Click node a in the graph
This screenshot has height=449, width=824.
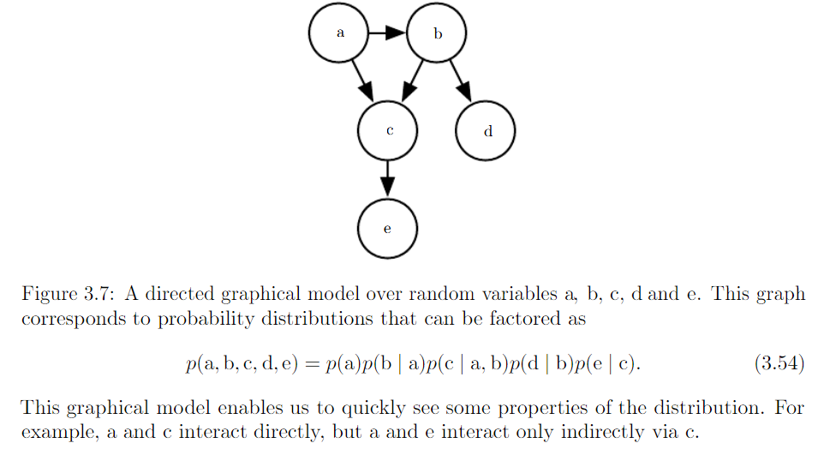click(x=340, y=33)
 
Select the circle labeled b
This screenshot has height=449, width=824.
click(x=438, y=33)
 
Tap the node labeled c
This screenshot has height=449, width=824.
click(x=389, y=131)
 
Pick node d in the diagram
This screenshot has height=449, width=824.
click(x=487, y=131)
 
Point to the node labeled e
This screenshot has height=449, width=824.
click(x=388, y=229)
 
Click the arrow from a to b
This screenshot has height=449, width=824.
click(x=388, y=33)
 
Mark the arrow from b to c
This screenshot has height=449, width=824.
click(x=415, y=80)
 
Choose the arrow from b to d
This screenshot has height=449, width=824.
click(x=461, y=80)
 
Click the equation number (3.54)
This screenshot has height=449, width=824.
click(x=779, y=364)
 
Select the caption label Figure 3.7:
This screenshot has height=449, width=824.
click(x=68, y=295)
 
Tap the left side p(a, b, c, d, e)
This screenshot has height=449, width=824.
click(x=241, y=364)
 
